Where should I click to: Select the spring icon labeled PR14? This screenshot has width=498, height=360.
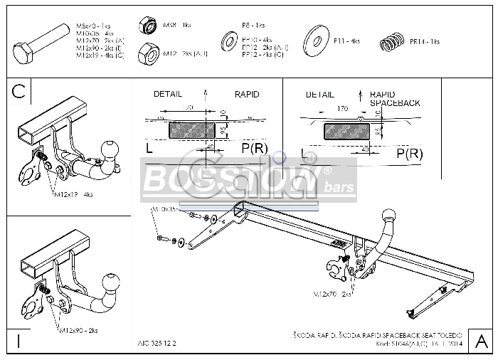click(391, 43)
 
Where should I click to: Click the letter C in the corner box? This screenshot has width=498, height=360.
click(19, 90)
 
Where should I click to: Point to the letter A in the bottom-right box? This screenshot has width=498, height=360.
click(480, 338)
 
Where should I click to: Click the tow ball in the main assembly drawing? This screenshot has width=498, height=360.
click(389, 216)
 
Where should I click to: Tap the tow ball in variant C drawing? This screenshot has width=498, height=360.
click(110, 150)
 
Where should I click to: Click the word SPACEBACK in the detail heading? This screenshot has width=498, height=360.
click(395, 103)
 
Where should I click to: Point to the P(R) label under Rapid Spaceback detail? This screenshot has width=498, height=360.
click(410, 153)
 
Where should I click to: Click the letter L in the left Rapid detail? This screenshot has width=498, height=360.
click(149, 149)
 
